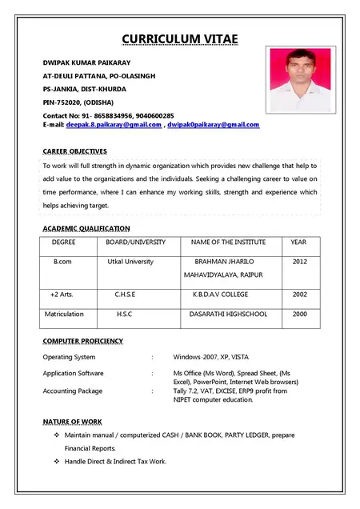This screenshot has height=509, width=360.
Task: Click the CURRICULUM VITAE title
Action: click(180, 40)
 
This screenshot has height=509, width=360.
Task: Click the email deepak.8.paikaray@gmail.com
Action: click(114, 125)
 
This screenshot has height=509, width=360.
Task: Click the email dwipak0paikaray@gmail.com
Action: click(213, 125)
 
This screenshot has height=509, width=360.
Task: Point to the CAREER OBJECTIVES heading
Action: click(74, 151)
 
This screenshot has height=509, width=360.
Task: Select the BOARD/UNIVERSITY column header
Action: click(136, 242)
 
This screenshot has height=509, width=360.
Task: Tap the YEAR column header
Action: click(298, 242)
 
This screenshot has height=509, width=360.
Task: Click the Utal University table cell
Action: click(129, 262)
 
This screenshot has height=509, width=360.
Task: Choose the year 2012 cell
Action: click(299, 262)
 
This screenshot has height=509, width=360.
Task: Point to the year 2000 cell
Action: click(299, 315)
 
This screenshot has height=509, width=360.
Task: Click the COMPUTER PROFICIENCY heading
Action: click(82, 341)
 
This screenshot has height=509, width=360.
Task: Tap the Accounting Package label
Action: click(72, 391)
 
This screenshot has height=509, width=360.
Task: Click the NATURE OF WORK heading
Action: click(72, 421)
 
